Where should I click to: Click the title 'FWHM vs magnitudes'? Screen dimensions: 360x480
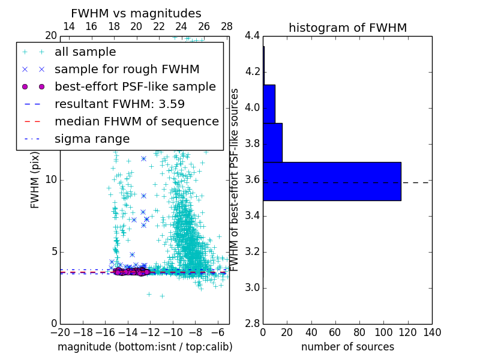(136, 13)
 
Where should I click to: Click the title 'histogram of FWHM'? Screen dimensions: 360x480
(347, 28)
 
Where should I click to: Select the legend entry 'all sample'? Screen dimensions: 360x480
(85, 52)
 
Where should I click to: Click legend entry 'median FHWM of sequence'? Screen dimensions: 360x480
(136, 121)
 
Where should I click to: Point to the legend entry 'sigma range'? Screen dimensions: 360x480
(92, 139)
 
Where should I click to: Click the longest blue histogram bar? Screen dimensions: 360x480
(332, 181)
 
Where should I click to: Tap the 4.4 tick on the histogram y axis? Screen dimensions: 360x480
(253, 36)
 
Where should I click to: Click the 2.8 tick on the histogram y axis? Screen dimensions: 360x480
(253, 323)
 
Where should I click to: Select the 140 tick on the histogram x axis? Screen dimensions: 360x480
(431, 332)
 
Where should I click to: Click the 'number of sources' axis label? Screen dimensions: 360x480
(347, 347)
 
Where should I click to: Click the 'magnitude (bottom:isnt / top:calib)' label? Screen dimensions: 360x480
(145, 347)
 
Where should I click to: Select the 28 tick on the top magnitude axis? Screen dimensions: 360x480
(227, 26)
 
